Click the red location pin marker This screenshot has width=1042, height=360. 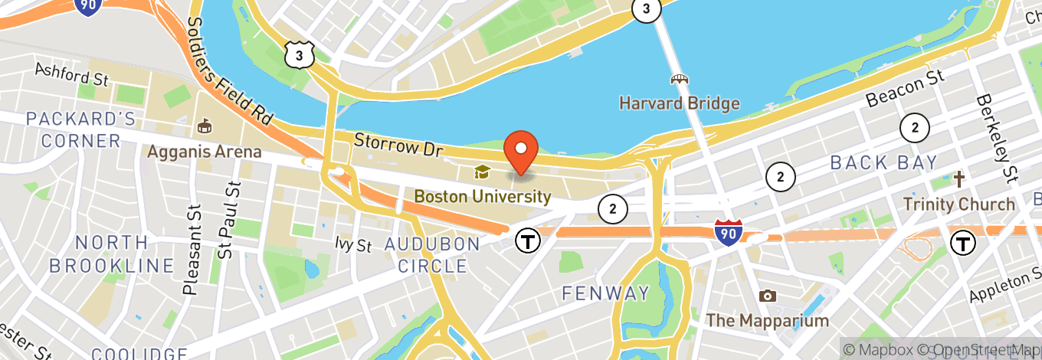(521, 152)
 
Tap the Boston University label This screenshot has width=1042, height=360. (482, 197)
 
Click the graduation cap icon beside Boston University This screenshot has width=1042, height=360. (482, 172)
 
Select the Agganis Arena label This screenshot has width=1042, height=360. (204, 152)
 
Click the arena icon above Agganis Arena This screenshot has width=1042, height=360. (205, 125)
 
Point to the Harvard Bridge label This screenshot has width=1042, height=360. (679, 103)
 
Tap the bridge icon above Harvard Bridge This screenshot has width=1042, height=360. (679, 79)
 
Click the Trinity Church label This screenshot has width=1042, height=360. (958, 205)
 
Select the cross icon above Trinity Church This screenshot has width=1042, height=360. (958, 180)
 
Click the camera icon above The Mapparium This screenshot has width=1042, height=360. (766, 296)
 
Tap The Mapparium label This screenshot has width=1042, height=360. (767, 320)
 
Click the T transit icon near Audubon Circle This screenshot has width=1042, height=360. (527, 241)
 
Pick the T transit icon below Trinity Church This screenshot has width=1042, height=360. (962, 243)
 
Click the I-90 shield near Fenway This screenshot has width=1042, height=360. (728, 231)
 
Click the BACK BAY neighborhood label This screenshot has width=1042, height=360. (883, 162)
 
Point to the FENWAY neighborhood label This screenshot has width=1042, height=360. (605, 293)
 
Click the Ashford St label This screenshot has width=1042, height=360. (74, 74)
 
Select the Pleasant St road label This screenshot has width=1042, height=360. (192, 250)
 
